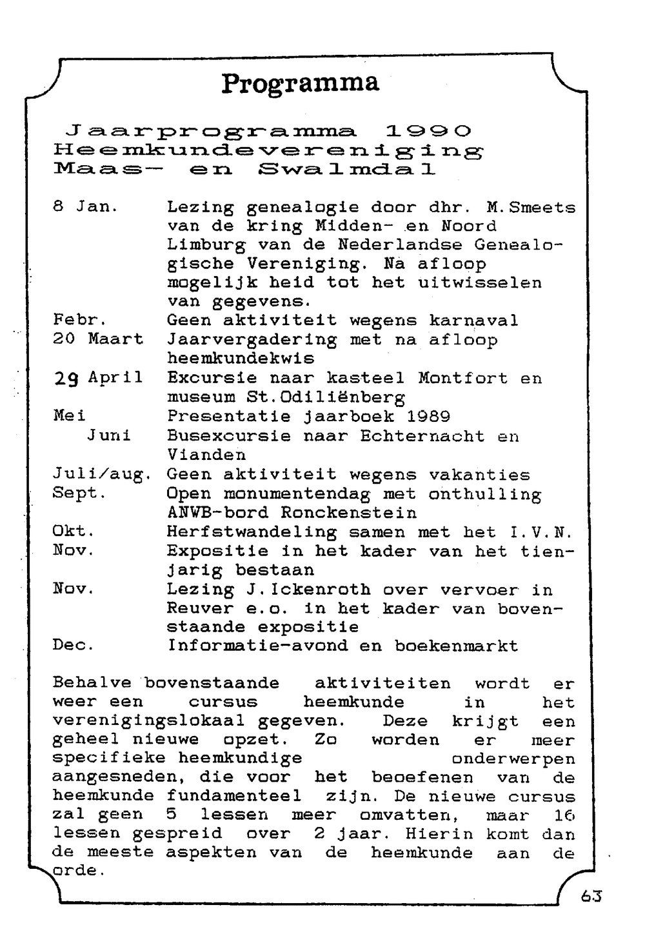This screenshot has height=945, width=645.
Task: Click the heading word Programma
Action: pos(301,84)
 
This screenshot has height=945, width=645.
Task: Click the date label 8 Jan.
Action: pos(86,207)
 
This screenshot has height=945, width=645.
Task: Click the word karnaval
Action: pos(473,321)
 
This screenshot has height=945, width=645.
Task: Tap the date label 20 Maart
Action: pos(98,339)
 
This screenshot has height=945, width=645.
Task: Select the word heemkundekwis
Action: pos(241,358)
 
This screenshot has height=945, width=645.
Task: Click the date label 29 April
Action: pos(98,378)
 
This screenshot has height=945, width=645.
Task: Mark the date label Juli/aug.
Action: pos(102,475)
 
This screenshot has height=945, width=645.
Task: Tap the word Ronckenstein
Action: pos(348,513)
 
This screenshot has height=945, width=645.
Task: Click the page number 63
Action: pos(591,896)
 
